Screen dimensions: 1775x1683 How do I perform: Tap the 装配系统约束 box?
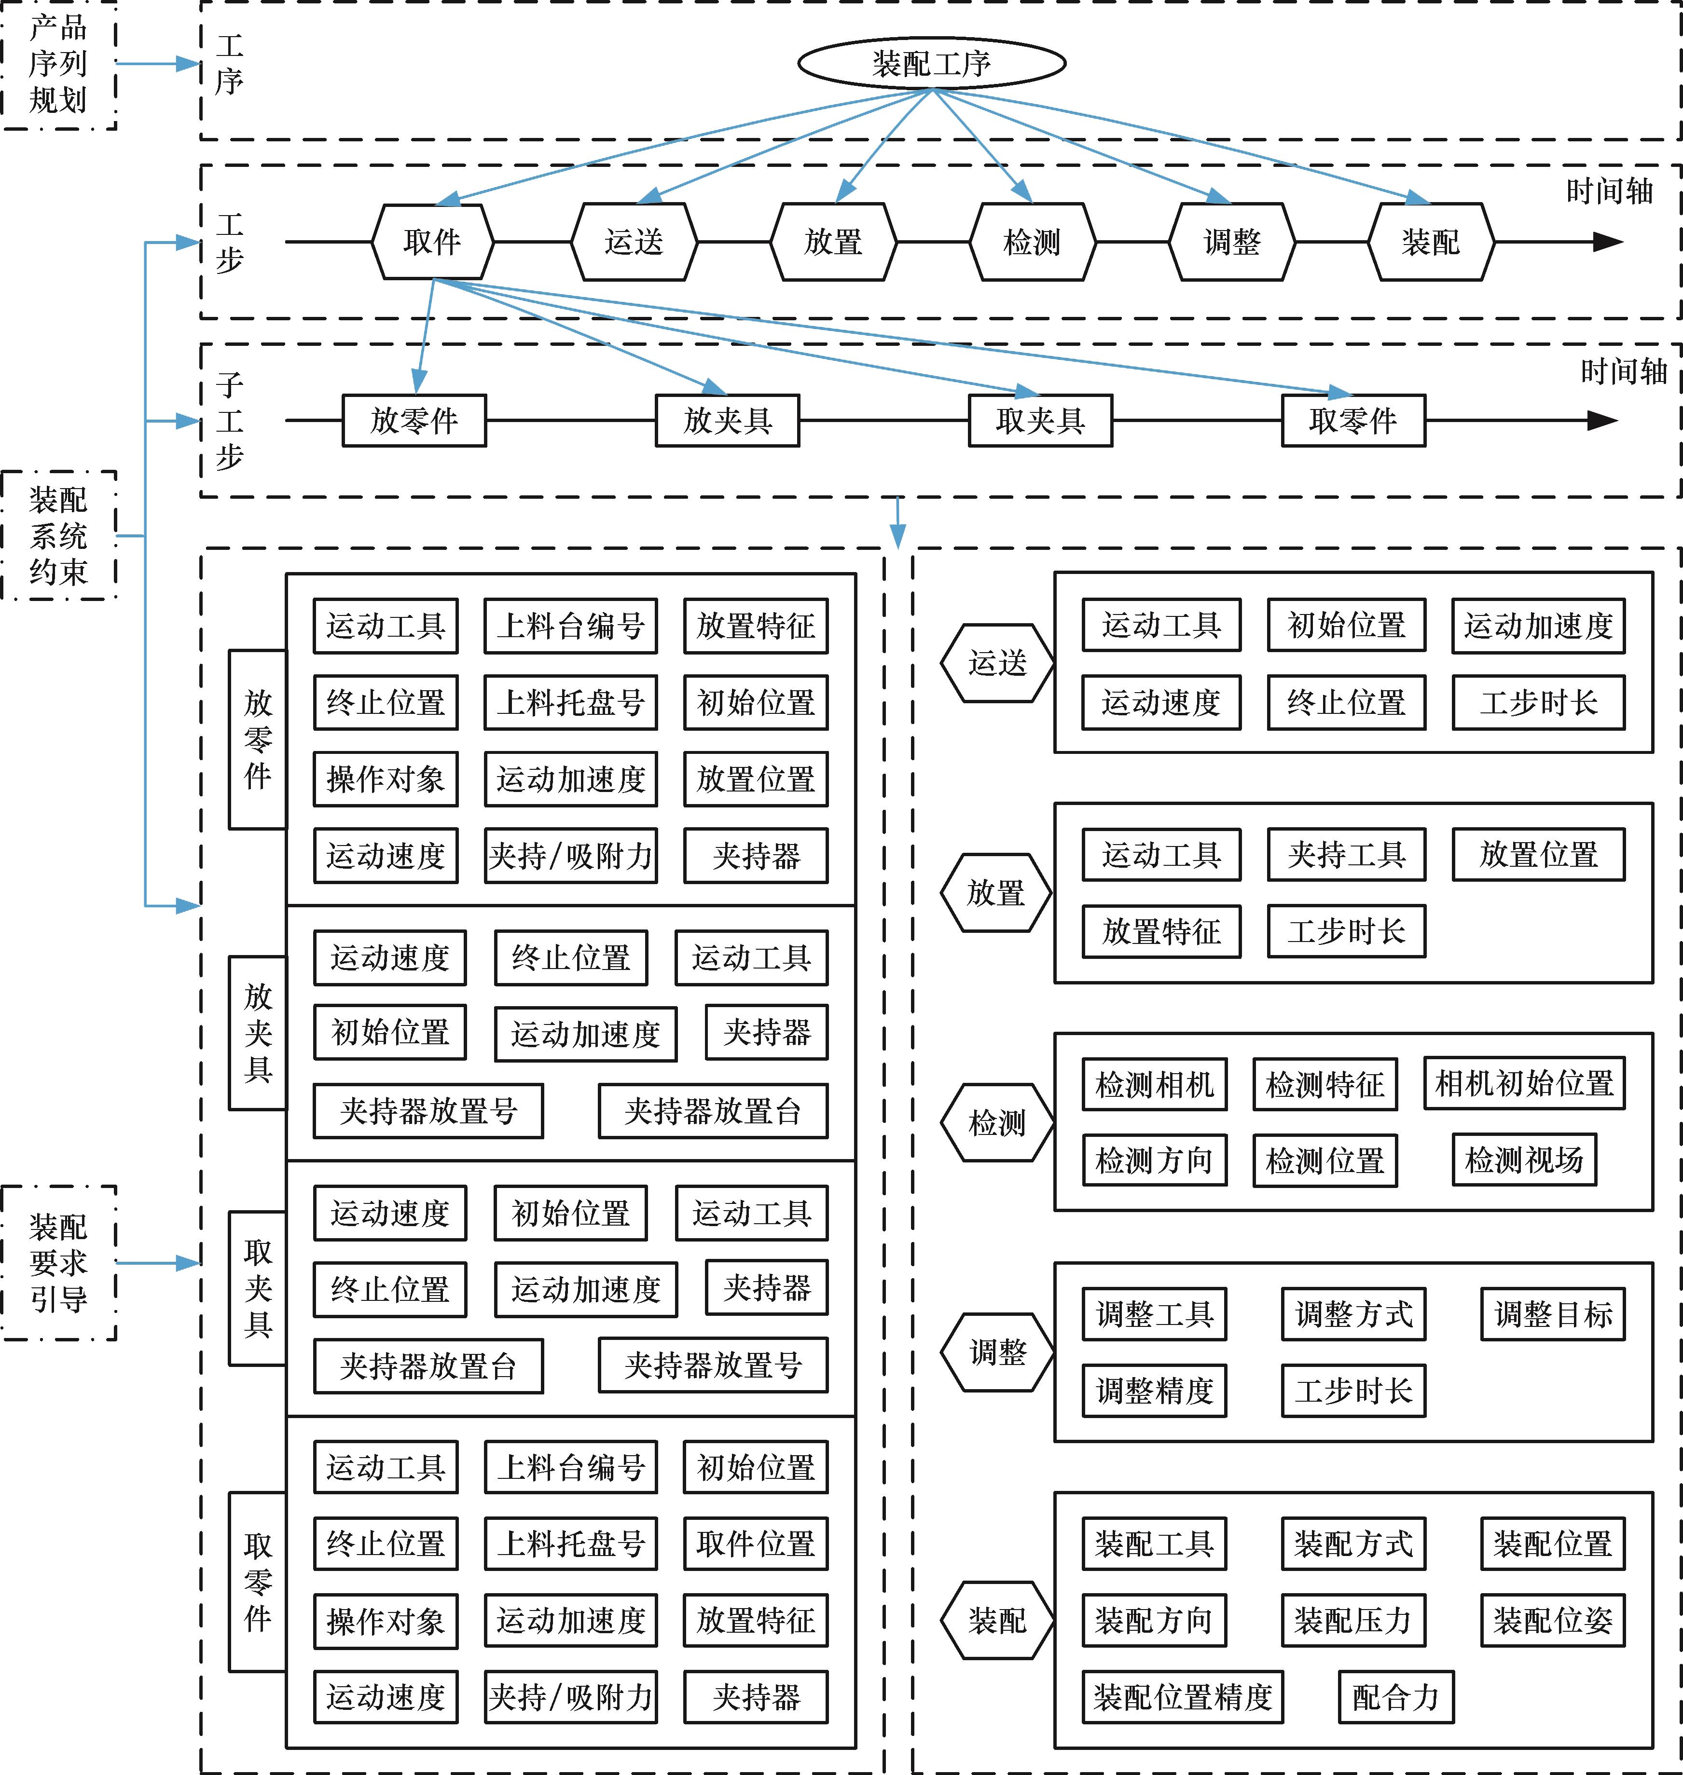[58, 535]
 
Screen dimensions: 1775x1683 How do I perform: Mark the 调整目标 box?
[1552, 1315]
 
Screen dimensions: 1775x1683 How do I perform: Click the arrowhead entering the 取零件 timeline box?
[1342, 393]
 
